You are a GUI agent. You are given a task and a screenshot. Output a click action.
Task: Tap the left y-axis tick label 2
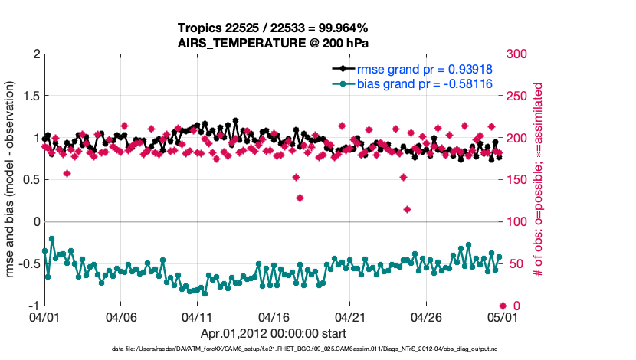coord(35,54)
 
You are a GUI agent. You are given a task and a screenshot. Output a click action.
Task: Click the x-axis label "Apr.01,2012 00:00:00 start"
coord(274,333)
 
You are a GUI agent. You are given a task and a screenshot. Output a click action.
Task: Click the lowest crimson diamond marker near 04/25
coord(407,209)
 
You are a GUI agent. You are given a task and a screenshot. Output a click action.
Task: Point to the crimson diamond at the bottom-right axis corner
coord(502,306)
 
